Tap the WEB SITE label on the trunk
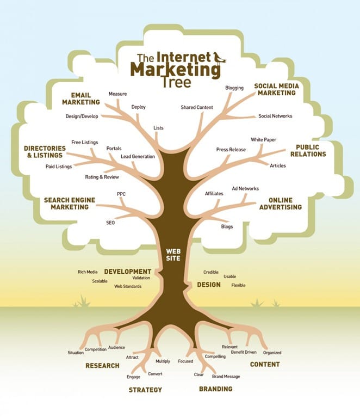[173, 254]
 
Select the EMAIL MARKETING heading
[81, 98]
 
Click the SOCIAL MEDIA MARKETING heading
[276, 89]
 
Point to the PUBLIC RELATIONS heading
[311, 150]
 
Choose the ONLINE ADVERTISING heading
[280, 204]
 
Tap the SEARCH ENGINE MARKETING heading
[70, 204]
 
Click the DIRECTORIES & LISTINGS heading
[45, 152]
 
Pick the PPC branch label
[121, 194]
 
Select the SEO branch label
[110, 223]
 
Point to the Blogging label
[234, 88]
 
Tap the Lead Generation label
[138, 157]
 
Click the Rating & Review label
[102, 177]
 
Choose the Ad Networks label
[245, 189]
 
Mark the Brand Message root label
[226, 377]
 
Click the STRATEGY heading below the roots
[145, 390]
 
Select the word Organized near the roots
[272, 353]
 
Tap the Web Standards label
[128, 286]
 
